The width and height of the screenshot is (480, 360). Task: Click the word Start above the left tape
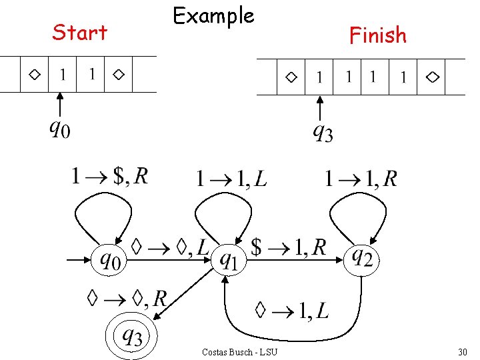point(79,32)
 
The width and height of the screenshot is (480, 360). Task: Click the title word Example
point(213,16)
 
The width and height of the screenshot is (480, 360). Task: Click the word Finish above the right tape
point(377,35)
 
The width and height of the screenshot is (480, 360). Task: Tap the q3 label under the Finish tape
point(323,133)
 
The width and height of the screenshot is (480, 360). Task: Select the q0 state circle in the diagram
point(111,258)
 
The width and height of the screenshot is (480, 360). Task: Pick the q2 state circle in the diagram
point(362,257)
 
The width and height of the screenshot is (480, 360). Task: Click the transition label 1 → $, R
point(110,176)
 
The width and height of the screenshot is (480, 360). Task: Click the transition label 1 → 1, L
point(231,178)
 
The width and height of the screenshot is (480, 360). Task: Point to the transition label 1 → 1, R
point(361,178)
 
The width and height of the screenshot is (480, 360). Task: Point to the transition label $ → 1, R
point(288,247)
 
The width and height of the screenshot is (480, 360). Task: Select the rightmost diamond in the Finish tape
point(433,77)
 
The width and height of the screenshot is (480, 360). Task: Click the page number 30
point(463,351)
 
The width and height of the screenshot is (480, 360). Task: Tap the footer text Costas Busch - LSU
point(239,351)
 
